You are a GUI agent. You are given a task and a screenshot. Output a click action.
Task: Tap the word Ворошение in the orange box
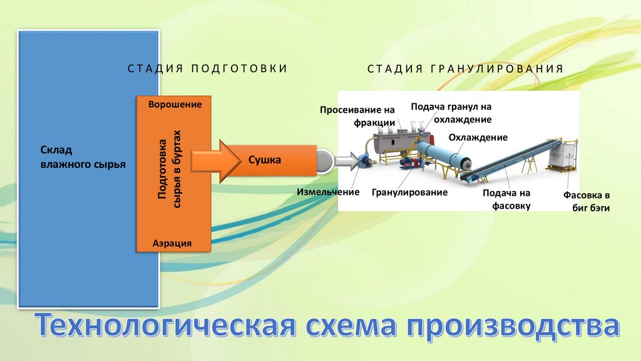(175, 105)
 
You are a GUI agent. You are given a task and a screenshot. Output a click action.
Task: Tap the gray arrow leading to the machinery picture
(345, 161)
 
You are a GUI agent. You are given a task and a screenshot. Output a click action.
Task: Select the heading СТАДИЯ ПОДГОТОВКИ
(208, 68)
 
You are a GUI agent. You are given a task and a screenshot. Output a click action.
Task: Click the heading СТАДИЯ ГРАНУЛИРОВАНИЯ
(465, 68)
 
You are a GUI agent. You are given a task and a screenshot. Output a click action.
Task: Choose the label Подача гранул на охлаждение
(451, 113)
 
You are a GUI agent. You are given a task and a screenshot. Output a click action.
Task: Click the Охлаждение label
(478, 137)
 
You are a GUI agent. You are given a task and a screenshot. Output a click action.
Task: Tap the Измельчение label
(328, 192)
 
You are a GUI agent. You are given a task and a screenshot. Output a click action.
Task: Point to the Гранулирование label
(409, 192)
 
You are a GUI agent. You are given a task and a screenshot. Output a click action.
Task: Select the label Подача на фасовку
(506, 199)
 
